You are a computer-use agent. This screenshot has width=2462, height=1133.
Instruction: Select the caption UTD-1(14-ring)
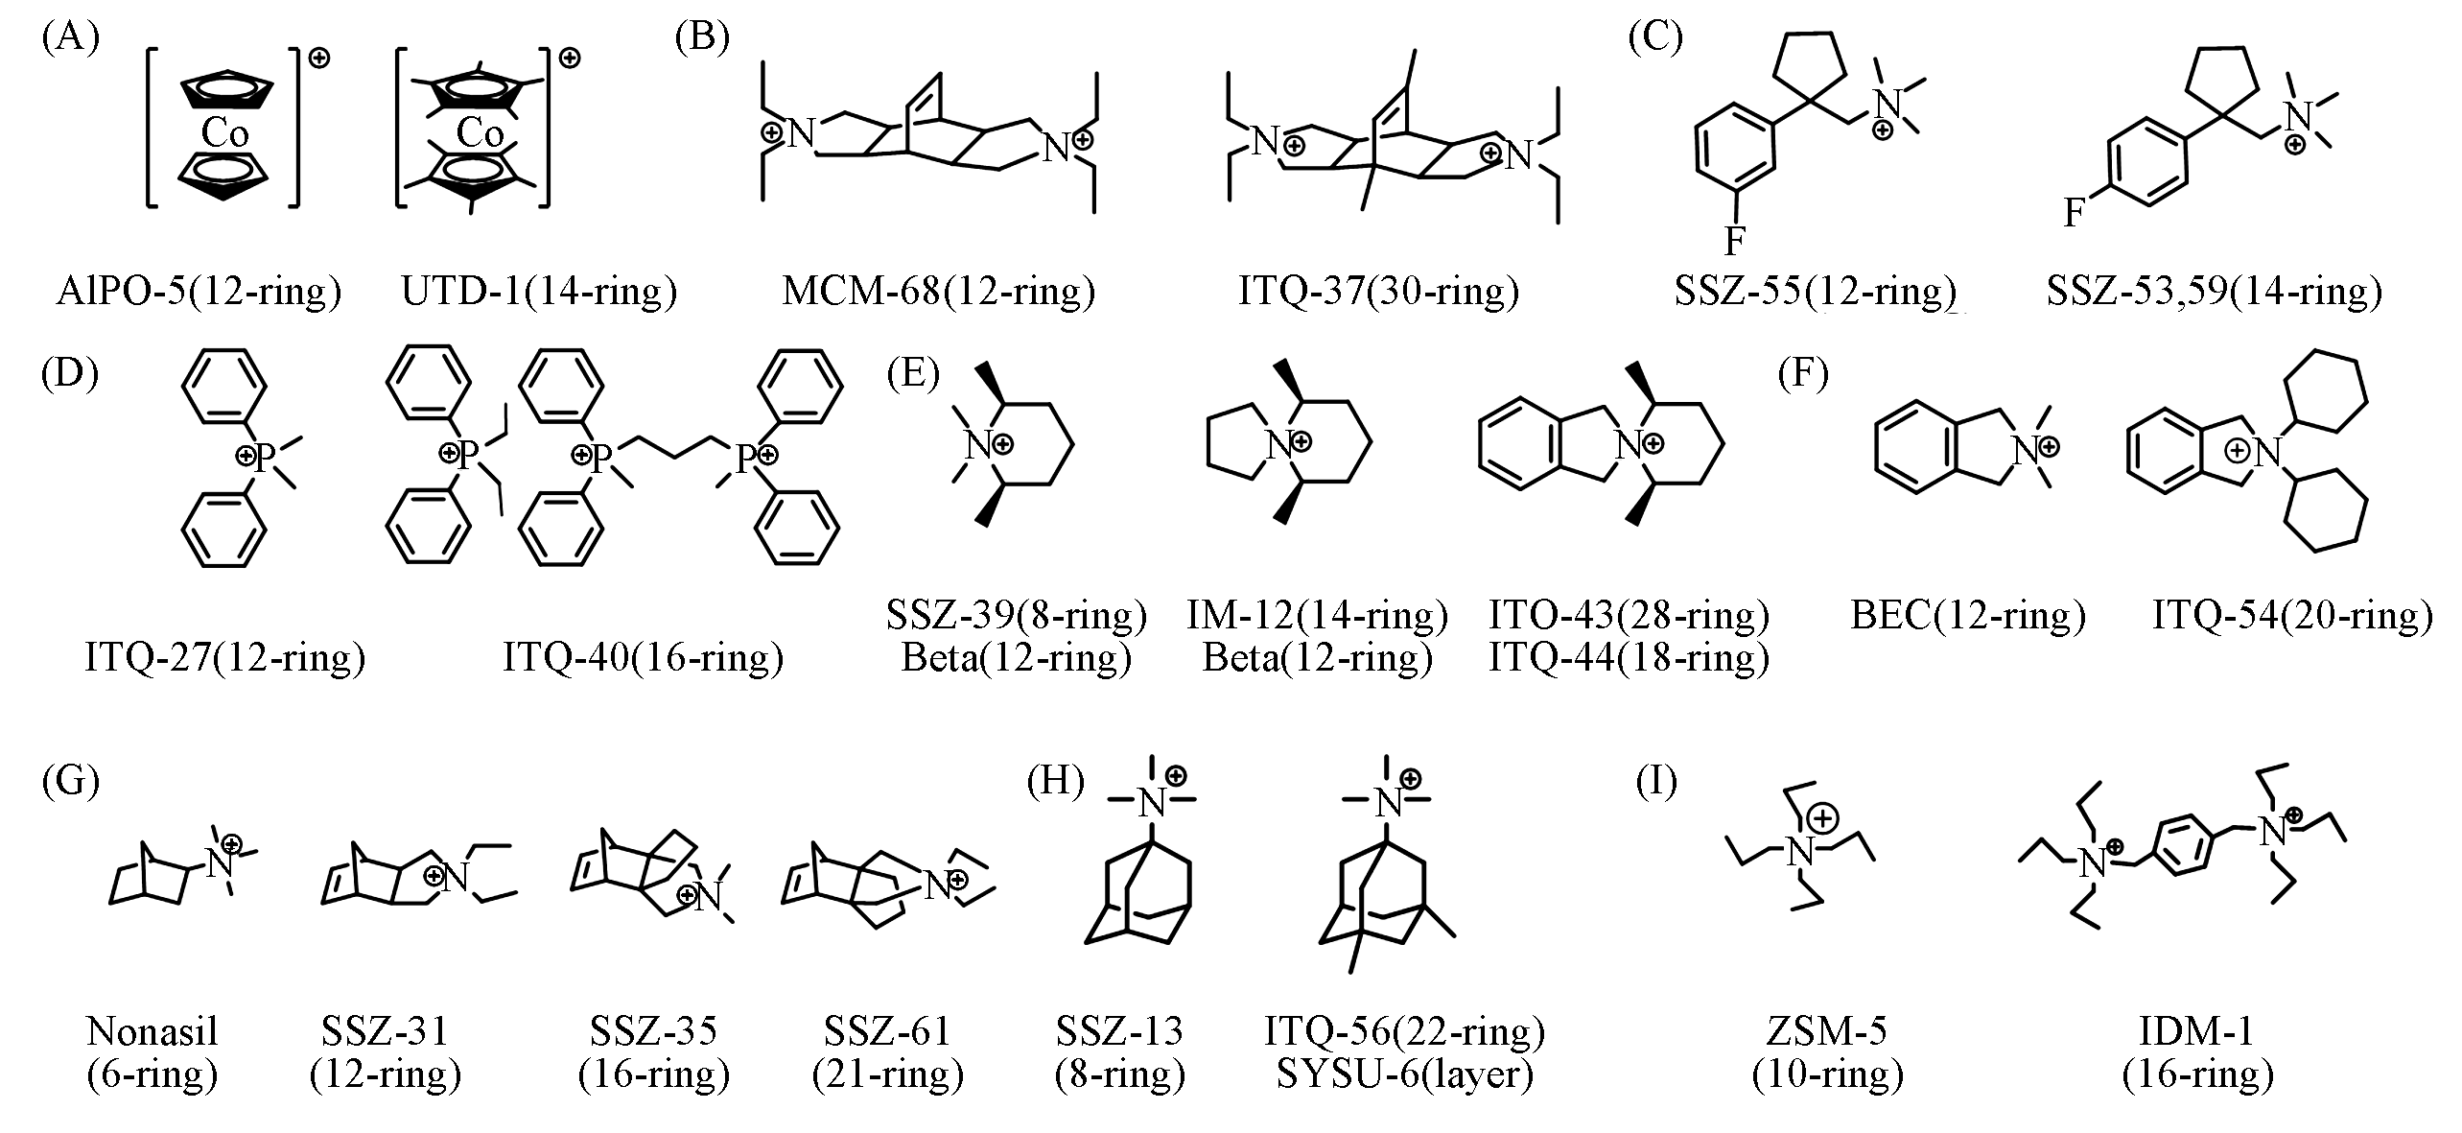[539, 291]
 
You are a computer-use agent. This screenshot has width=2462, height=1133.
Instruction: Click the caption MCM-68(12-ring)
[938, 291]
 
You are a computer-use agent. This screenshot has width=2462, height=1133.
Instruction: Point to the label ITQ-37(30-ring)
[1378, 291]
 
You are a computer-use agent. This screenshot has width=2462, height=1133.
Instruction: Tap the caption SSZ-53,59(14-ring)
[2215, 291]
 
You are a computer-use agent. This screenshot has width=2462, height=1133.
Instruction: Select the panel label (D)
[70, 374]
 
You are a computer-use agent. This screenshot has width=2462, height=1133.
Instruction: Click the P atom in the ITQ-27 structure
[266, 458]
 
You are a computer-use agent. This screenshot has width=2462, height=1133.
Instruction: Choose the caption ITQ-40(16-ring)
[644, 658]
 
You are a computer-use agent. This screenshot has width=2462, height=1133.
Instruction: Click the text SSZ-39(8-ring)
[1017, 615]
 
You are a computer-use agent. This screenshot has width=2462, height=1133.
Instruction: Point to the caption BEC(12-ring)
[1968, 615]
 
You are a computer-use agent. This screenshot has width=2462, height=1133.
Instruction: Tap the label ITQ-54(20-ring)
[2292, 615]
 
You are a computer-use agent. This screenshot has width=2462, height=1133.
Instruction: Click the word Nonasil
[152, 1031]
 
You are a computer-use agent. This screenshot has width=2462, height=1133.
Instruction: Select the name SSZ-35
[653, 1031]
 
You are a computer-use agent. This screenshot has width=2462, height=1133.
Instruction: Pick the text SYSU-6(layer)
[1405, 1074]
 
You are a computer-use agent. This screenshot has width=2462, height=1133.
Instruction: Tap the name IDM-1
[2197, 1031]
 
